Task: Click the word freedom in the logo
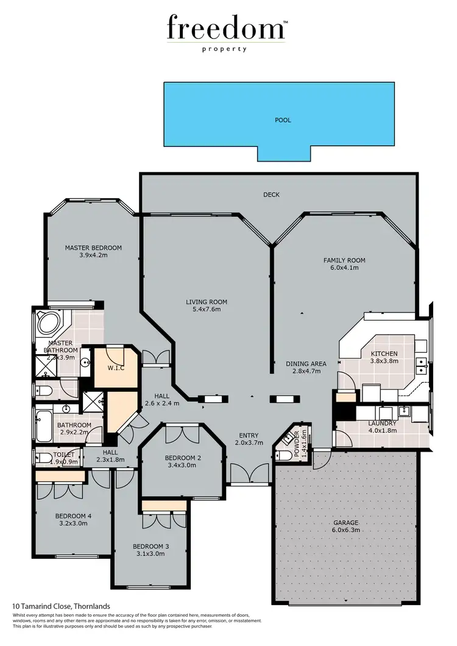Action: click(x=225, y=29)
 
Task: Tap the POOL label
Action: click(x=283, y=120)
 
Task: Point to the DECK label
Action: click(x=271, y=195)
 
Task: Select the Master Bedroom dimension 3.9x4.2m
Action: click(x=93, y=257)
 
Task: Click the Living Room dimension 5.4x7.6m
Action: click(x=207, y=310)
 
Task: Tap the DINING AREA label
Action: click(x=306, y=364)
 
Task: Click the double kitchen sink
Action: click(x=421, y=365)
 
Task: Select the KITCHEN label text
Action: click(x=384, y=353)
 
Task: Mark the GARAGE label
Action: click(x=345, y=523)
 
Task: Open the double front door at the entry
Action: click(x=250, y=474)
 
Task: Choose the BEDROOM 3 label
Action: click(x=151, y=546)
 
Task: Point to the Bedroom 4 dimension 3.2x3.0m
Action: click(x=73, y=524)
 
